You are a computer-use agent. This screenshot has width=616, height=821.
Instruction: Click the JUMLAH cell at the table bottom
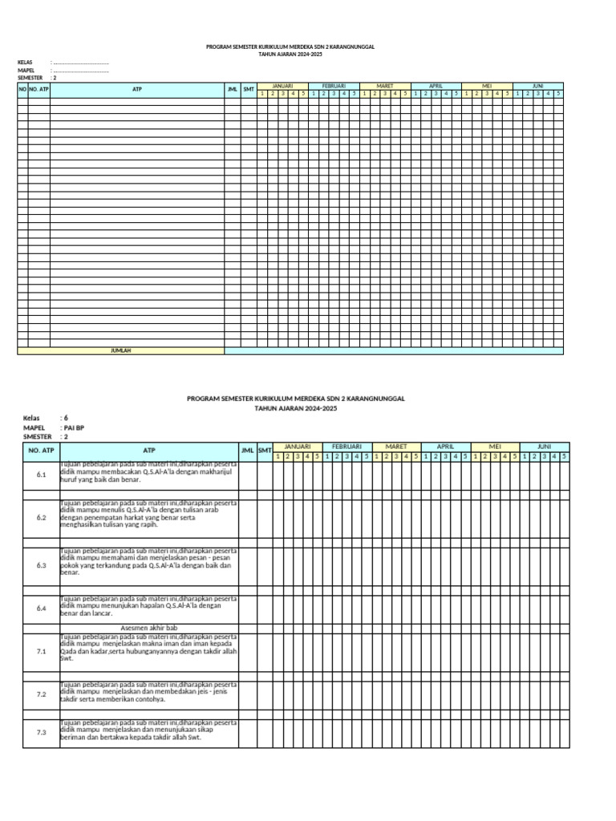(x=120, y=351)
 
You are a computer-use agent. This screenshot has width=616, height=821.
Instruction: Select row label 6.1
(x=42, y=475)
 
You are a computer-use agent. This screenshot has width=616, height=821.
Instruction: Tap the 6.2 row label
(x=42, y=518)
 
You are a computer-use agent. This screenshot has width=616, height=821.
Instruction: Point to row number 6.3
(x=42, y=565)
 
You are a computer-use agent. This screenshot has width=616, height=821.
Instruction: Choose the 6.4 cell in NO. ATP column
(x=42, y=609)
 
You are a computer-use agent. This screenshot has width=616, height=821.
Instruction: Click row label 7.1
(x=42, y=651)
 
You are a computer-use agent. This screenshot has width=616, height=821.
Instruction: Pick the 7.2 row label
(x=42, y=694)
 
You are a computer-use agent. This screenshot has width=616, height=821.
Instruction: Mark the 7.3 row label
(x=42, y=733)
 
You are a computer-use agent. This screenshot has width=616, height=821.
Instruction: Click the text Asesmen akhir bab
(x=148, y=628)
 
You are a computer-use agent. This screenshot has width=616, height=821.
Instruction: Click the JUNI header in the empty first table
(x=537, y=85)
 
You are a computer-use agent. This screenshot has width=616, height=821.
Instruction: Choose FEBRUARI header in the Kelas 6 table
(x=346, y=446)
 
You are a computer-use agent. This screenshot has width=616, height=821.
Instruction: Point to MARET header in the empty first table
(x=384, y=85)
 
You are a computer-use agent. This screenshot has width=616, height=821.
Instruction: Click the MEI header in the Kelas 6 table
(x=495, y=446)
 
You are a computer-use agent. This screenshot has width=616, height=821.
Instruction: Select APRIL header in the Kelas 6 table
(x=445, y=446)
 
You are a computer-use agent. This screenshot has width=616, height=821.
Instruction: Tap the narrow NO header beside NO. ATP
(x=22, y=89)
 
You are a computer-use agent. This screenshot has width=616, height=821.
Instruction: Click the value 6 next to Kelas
(x=66, y=419)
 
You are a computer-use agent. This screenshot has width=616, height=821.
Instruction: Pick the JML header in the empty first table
(x=232, y=89)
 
